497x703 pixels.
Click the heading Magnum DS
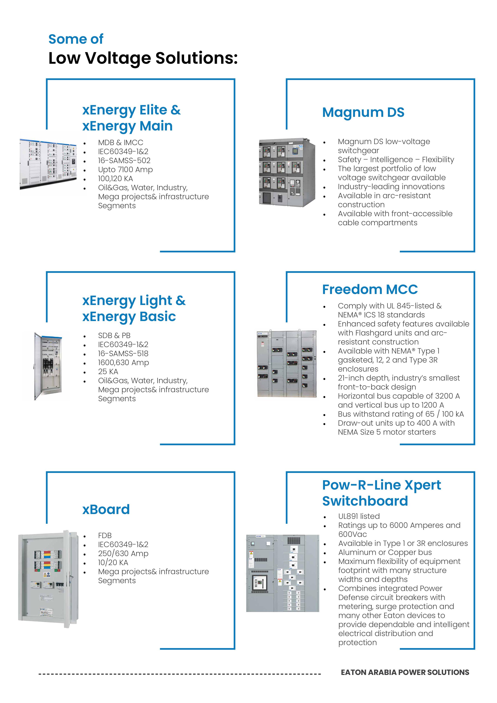tap(363, 112)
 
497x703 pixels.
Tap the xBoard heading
tap(106, 509)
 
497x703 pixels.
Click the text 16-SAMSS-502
tap(124, 161)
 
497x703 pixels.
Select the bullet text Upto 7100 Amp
tap(125, 169)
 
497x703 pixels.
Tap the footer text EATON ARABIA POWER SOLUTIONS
tap(405, 672)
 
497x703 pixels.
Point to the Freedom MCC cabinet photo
tap(286, 364)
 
